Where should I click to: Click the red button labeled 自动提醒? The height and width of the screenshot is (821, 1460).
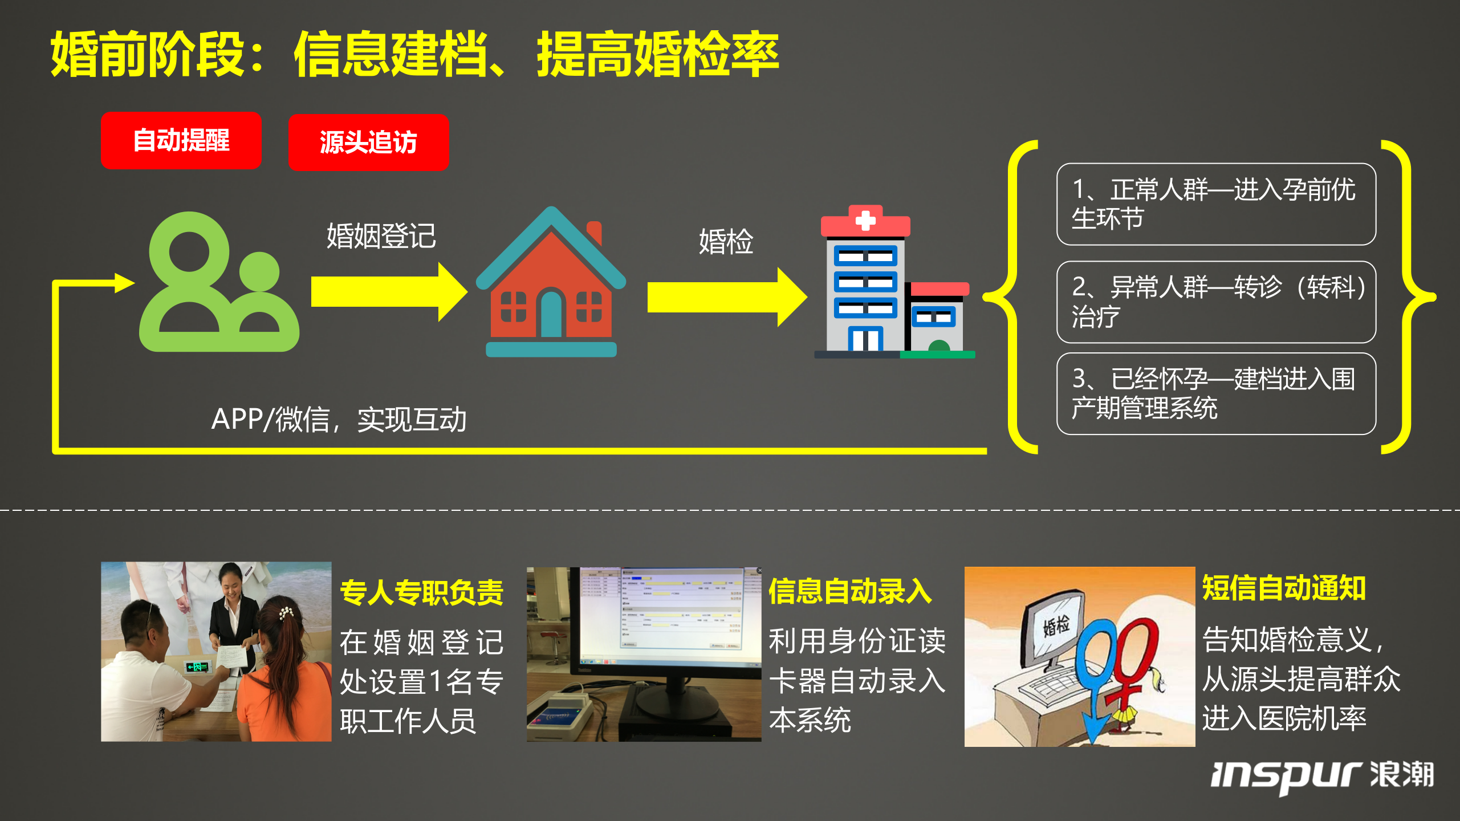tap(181, 140)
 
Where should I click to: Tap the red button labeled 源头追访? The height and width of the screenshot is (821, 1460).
tap(368, 142)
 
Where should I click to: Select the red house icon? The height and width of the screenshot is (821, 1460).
tap(551, 282)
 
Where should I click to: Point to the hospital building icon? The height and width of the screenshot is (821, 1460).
tap(893, 282)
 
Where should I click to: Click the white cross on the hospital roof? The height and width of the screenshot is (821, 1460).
tap(865, 220)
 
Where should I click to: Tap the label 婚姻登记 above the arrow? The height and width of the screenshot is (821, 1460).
tap(381, 236)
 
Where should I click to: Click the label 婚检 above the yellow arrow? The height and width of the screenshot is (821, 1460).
tap(726, 241)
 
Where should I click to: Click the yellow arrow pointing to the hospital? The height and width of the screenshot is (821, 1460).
tap(726, 298)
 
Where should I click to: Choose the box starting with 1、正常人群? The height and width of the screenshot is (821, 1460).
tap(1216, 204)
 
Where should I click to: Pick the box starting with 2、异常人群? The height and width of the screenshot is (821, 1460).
tap(1216, 302)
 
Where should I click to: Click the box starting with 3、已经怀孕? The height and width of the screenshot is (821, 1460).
tap(1216, 393)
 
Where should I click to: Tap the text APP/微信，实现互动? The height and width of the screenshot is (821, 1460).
tap(339, 420)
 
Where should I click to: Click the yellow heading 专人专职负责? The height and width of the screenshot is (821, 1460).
tap(421, 592)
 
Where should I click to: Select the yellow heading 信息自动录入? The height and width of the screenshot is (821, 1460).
tap(850, 591)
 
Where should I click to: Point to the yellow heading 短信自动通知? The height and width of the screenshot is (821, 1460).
tap(1284, 588)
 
